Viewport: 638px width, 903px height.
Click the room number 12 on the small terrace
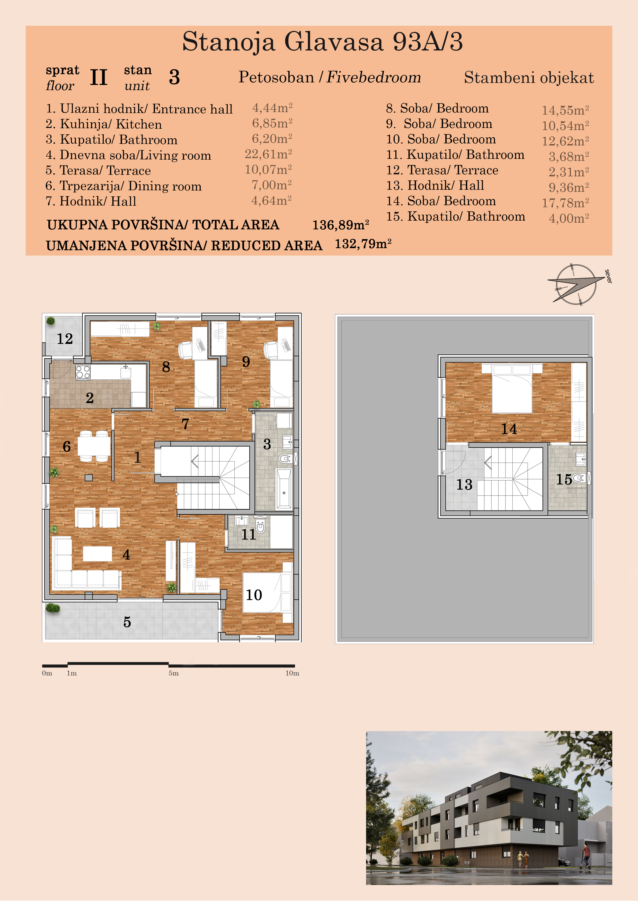65,339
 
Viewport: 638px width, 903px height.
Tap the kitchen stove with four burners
83,372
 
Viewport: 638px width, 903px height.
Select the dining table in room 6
94,446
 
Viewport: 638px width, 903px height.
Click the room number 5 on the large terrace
127,622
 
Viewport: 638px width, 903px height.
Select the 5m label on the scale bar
174,673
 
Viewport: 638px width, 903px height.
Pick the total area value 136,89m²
340,225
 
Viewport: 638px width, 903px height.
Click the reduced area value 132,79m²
363,244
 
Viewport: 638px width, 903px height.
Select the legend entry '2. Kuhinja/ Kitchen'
103,124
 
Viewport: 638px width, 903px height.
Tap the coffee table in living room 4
98,554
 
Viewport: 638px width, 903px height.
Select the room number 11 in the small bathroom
249,534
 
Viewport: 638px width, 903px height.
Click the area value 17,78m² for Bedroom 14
565,203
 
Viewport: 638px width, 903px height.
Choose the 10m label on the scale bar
292,673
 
